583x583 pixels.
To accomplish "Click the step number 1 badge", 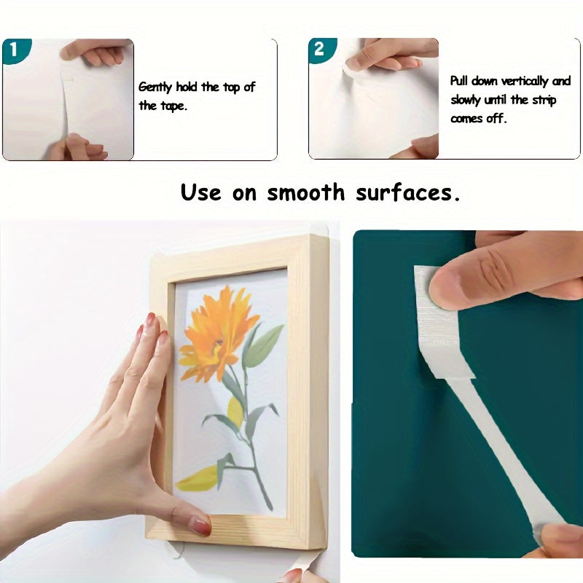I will [13, 50].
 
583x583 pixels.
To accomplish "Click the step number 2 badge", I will [319, 50].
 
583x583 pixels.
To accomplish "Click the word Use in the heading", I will [201, 192].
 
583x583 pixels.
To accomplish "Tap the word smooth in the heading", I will [305, 192].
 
